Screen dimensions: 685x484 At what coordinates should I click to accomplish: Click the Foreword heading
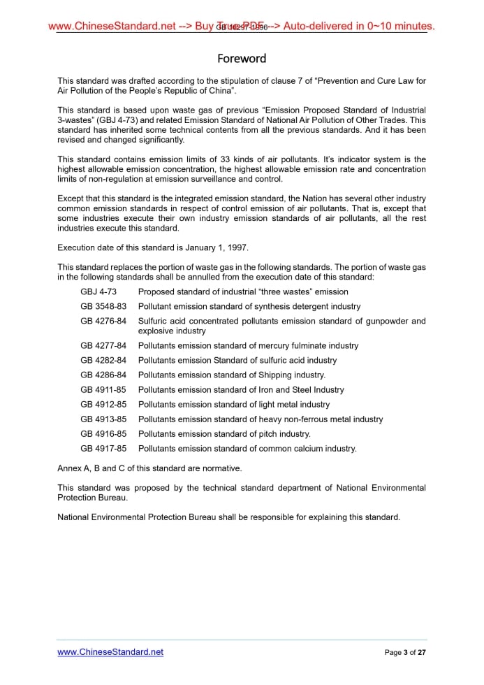[242, 58]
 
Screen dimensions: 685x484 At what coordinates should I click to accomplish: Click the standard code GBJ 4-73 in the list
[98, 291]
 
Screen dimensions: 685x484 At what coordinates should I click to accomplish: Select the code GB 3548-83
[103, 306]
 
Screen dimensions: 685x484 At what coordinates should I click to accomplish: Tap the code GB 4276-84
[103, 321]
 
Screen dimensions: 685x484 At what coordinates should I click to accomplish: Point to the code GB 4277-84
[103, 345]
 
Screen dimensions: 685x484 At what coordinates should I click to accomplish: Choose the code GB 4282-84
[103, 360]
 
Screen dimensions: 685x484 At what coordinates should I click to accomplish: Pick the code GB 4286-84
[103, 375]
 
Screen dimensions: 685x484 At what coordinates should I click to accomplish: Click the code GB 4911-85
[103, 389]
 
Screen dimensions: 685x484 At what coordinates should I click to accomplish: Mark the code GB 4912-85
[103, 404]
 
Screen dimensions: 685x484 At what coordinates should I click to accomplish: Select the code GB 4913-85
[103, 419]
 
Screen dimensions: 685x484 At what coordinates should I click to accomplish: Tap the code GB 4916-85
[103, 433]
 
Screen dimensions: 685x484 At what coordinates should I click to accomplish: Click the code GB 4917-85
[103, 448]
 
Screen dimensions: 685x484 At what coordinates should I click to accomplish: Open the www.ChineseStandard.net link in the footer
[110, 652]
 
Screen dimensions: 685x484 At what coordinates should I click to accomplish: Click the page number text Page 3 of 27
[405, 653]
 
